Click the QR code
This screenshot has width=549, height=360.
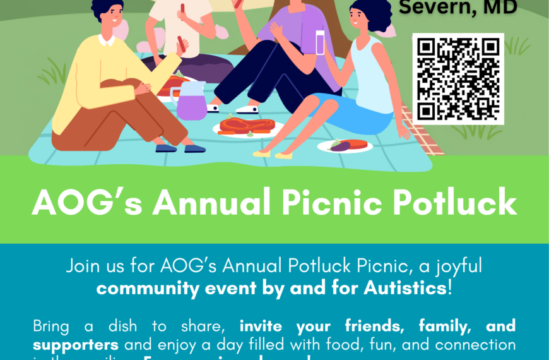[x=458, y=78]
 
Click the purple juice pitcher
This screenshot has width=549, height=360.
[x=191, y=100]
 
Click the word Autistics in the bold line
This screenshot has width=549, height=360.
[x=404, y=288]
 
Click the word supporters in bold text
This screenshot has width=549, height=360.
[x=76, y=345]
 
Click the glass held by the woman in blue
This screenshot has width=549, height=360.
[x=319, y=43]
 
